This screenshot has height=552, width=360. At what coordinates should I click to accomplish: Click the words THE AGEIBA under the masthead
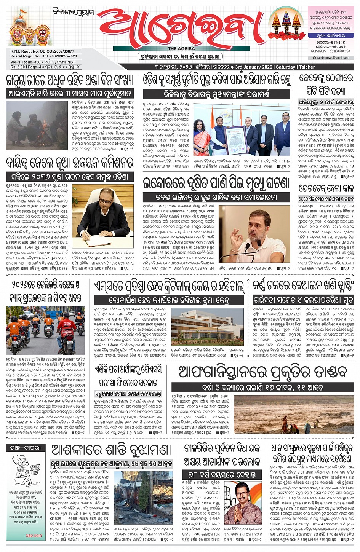pos(181,49)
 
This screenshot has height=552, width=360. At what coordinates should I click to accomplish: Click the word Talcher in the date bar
pos(307,67)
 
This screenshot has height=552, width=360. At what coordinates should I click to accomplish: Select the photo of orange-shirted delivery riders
pos(45,330)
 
